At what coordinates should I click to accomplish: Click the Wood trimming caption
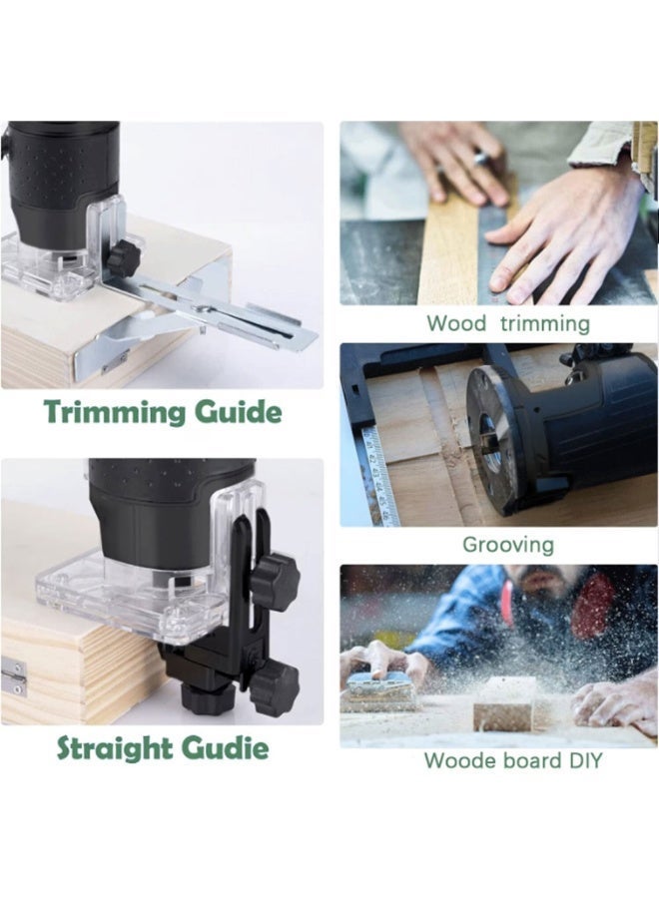pyautogui.click(x=507, y=323)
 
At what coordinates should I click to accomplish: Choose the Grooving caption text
pyautogui.click(x=507, y=545)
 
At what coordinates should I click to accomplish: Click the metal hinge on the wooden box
pyautogui.click(x=13, y=676)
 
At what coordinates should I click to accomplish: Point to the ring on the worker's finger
pyautogui.click(x=480, y=157)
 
